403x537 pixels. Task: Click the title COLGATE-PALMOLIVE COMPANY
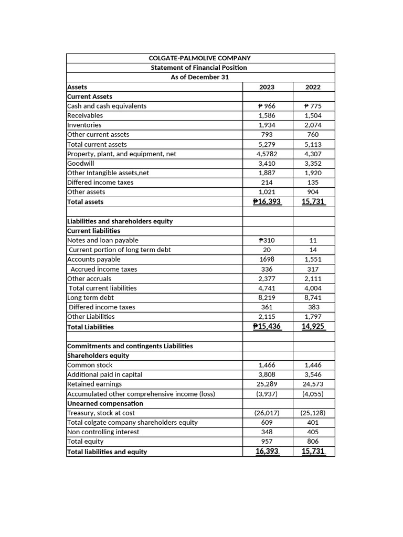click(200, 58)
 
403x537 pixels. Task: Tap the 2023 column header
click(267, 87)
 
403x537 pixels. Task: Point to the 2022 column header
click(313, 87)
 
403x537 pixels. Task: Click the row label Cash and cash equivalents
click(107, 106)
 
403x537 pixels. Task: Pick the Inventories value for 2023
click(267, 125)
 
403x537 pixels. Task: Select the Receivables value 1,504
click(313, 115)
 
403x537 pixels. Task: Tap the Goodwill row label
click(81, 163)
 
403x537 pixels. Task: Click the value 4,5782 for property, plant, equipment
click(267, 154)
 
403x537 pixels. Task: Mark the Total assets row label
click(86, 202)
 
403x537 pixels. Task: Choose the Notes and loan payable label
click(103, 240)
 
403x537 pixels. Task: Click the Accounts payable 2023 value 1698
click(267, 259)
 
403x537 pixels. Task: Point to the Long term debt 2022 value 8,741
click(313, 297)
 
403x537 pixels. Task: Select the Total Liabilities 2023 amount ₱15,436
click(267, 326)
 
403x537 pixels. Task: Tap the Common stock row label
click(90, 365)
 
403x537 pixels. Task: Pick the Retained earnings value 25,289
click(267, 384)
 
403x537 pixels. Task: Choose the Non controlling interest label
click(103, 432)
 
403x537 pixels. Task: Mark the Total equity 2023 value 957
click(267, 441)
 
